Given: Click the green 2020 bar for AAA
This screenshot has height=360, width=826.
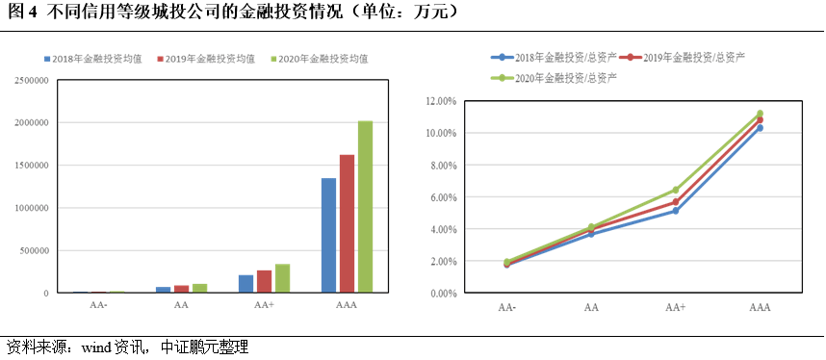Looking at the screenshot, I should click(x=365, y=206).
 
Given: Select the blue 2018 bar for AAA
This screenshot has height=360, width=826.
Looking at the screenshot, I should click(x=328, y=235).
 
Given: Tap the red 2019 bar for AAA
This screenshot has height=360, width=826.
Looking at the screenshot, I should click(x=347, y=223).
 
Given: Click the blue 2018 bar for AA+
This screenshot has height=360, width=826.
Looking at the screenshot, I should click(x=245, y=283).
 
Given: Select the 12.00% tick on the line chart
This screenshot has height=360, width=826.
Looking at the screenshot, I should click(x=440, y=100).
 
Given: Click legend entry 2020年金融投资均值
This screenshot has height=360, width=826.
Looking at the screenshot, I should click(x=324, y=59).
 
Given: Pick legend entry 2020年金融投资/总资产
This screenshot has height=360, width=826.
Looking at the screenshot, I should click(x=558, y=77).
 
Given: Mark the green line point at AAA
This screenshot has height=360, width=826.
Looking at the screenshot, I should click(x=760, y=114).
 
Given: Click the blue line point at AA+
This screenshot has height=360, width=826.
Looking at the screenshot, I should click(x=676, y=211).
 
